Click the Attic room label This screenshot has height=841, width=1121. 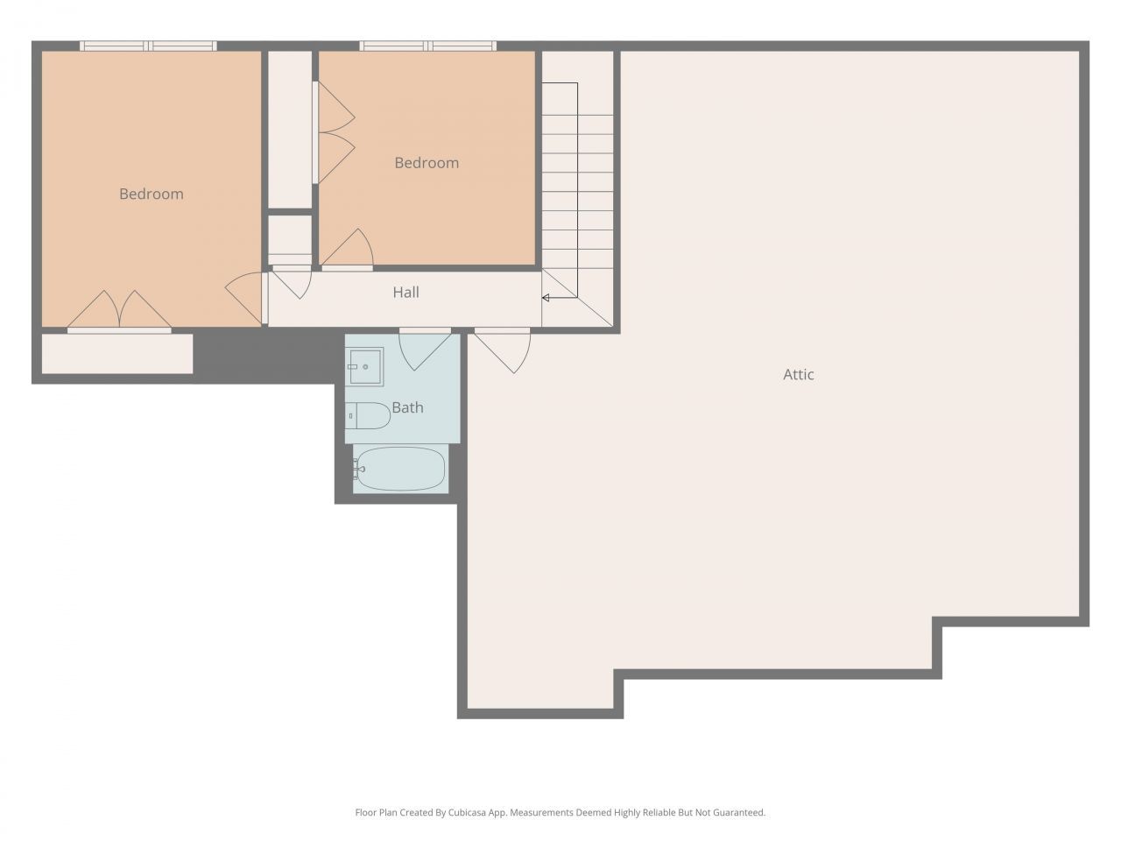tap(798, 374)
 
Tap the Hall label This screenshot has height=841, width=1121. tap(405, 293)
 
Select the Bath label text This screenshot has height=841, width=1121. tap(407, 407)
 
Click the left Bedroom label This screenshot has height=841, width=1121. tap(152, 194)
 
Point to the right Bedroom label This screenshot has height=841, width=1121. tap(427, 163)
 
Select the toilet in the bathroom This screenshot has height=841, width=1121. tap(368, 416)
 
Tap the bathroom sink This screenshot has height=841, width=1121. tap(365, 366)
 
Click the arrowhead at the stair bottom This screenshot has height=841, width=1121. tap(546, 298)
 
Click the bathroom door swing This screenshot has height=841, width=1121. tap(424, 348)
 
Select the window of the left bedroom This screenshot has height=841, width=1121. tap(148, 46)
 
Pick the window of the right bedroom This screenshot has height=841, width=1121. tap(427, 46)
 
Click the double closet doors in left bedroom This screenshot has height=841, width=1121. tap(119, 312)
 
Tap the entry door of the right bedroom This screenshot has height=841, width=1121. tap(349, 251)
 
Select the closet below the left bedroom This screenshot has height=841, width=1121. tap(117, 354)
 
